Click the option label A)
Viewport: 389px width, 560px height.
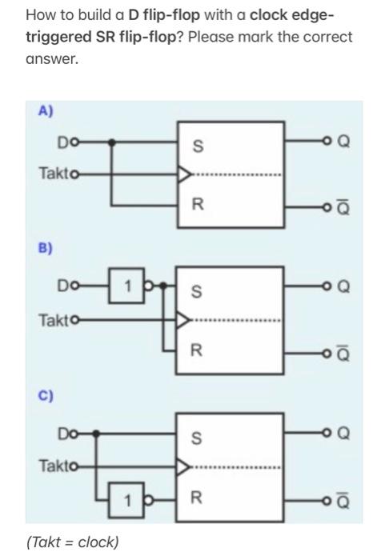(x=45, y=112)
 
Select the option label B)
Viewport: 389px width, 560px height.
(x=45, y=249)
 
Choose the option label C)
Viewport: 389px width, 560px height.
(x=45, y=396)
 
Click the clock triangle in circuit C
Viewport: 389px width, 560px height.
(x=183, y=464)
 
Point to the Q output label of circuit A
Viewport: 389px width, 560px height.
(x=344, y=141)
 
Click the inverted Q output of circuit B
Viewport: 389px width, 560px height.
(x=344, y=352)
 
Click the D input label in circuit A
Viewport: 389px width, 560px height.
(x=62, y=142)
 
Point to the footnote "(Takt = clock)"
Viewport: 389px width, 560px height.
(x=73, y=542)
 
